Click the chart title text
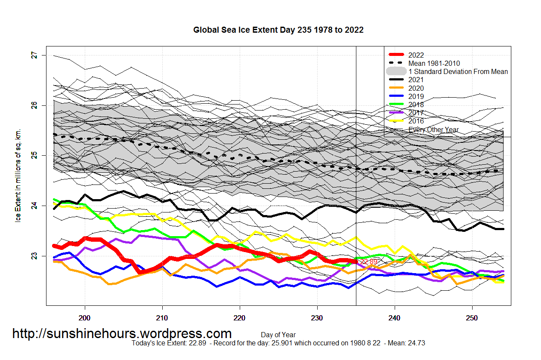278,30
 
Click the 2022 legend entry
416,55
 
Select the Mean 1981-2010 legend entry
434,63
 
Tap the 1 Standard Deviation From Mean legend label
458,71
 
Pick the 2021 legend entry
416,80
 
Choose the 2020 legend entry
416,88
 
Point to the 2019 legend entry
416,96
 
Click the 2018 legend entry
416,105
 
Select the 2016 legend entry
416,121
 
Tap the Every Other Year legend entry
433,129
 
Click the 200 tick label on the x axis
85,319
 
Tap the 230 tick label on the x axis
317,319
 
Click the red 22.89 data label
369,262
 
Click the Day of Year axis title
278,335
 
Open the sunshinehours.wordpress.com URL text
122,333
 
